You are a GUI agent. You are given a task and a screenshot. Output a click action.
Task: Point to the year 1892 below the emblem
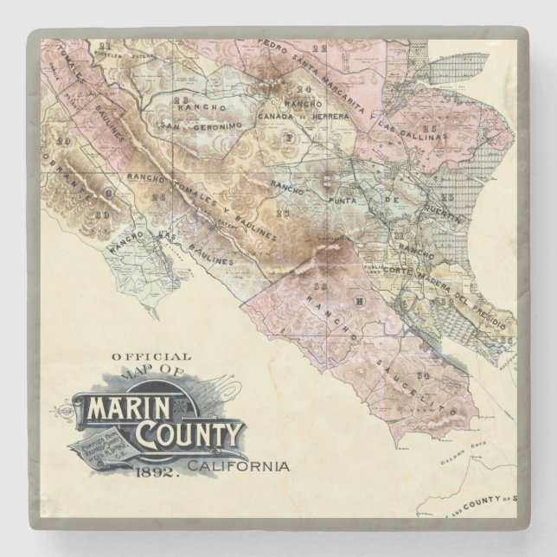(x=157, y=472)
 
